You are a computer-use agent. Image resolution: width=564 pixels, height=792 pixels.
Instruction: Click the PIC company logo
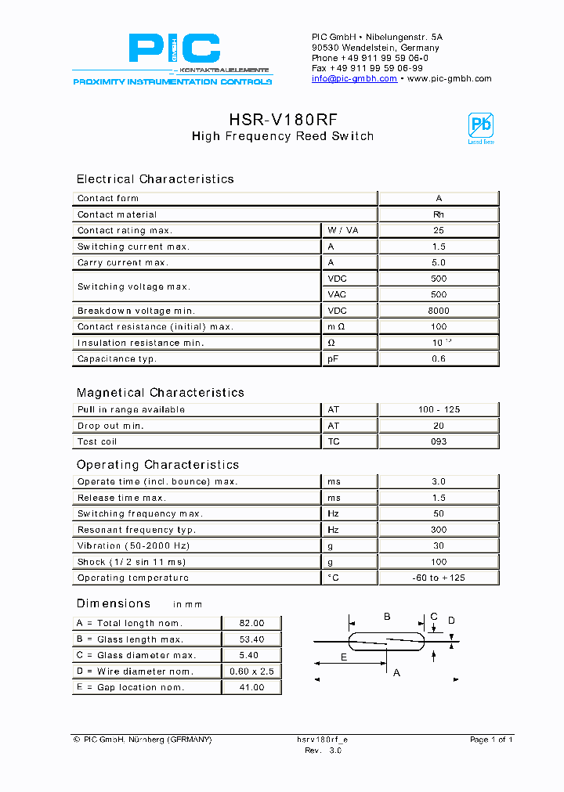pyautogui.click(x=172, y=56)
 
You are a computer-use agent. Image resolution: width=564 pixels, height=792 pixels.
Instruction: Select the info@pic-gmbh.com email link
pyautogui.click(x=354, y=79)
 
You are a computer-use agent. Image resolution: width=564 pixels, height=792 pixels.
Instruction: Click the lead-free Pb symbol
pyautogui.click(x=480, y=128)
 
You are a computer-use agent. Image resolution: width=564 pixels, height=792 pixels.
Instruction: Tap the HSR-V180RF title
pyautogui.click(x=283, y=120)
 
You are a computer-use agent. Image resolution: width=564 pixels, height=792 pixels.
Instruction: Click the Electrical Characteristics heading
pyautogui.click(x=155, y=179)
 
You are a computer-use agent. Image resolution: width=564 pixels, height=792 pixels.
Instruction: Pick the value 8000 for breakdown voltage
pyautogui.click(x=439, y=311)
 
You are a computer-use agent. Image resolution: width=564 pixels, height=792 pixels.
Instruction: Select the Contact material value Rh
pyautogui.click(x=439, y=214)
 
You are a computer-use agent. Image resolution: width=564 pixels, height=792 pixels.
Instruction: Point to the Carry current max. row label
pyautogui.click(x=122, y=263)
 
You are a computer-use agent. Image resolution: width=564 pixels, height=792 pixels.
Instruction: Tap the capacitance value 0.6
pyautogui.click(x=439, y=359)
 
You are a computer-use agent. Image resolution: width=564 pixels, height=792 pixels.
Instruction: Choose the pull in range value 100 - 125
pyautogui.click(x=439, y=410)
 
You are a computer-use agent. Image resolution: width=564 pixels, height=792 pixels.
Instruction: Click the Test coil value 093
pyautogui.click(x=439, y=441)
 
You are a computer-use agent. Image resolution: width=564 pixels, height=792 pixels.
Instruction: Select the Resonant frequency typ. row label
pyautogui.click(x=136, y=530)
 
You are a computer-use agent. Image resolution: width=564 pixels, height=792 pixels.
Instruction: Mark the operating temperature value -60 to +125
pyautogui.click(x=439, y=578)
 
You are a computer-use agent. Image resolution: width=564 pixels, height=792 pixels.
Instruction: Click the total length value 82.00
pyautogui.click(x=252, y=623)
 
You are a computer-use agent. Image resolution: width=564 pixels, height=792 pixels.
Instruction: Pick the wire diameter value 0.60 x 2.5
pyautogui.click(x=252, y=671)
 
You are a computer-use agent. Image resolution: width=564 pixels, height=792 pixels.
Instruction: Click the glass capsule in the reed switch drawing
pyautogui.click(x=387, y=641)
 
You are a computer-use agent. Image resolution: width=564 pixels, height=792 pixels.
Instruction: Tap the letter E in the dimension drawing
pyautogui.click(x=344, y=657)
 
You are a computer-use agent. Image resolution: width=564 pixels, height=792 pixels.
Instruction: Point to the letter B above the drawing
pyautogui.click(x=387, y=617)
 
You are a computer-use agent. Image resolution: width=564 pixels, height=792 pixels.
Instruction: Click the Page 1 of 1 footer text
pyautogui.click(x=491, y=740)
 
